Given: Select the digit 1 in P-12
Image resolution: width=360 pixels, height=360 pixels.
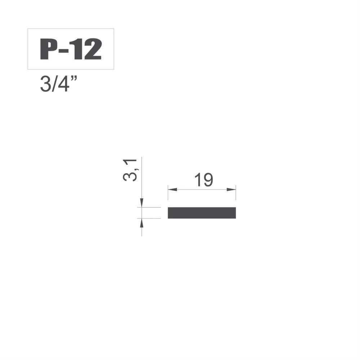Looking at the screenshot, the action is (x=76, y=49).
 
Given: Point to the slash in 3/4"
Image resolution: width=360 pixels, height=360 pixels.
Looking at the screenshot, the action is (x=54, y=84).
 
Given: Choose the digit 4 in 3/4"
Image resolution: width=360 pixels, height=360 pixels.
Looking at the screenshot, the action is (x=63, y=84).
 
